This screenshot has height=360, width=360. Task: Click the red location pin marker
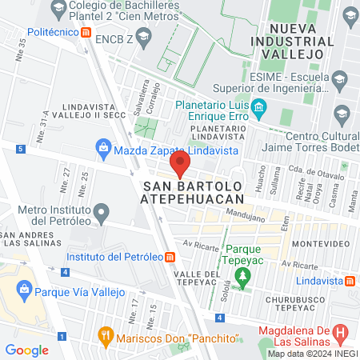[x=180, y=166]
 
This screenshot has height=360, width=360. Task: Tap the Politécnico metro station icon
[x=86, y=31]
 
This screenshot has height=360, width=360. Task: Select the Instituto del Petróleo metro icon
[x=170, y=257]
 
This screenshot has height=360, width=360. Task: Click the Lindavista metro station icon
[x=350, y=281]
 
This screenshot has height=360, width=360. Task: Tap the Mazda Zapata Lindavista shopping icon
[x=102, y=148]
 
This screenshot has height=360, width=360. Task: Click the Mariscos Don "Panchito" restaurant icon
[x=103, y=334]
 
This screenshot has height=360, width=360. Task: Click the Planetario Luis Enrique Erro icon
[x=258, y=107]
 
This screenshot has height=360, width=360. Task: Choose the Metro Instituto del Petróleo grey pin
[x=101, y=213]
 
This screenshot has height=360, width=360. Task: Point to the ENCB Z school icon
[x=143, y=37]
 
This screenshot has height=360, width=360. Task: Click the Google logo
[x=27, y=350]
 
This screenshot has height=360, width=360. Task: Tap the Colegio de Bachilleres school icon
[x=58, y=10]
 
